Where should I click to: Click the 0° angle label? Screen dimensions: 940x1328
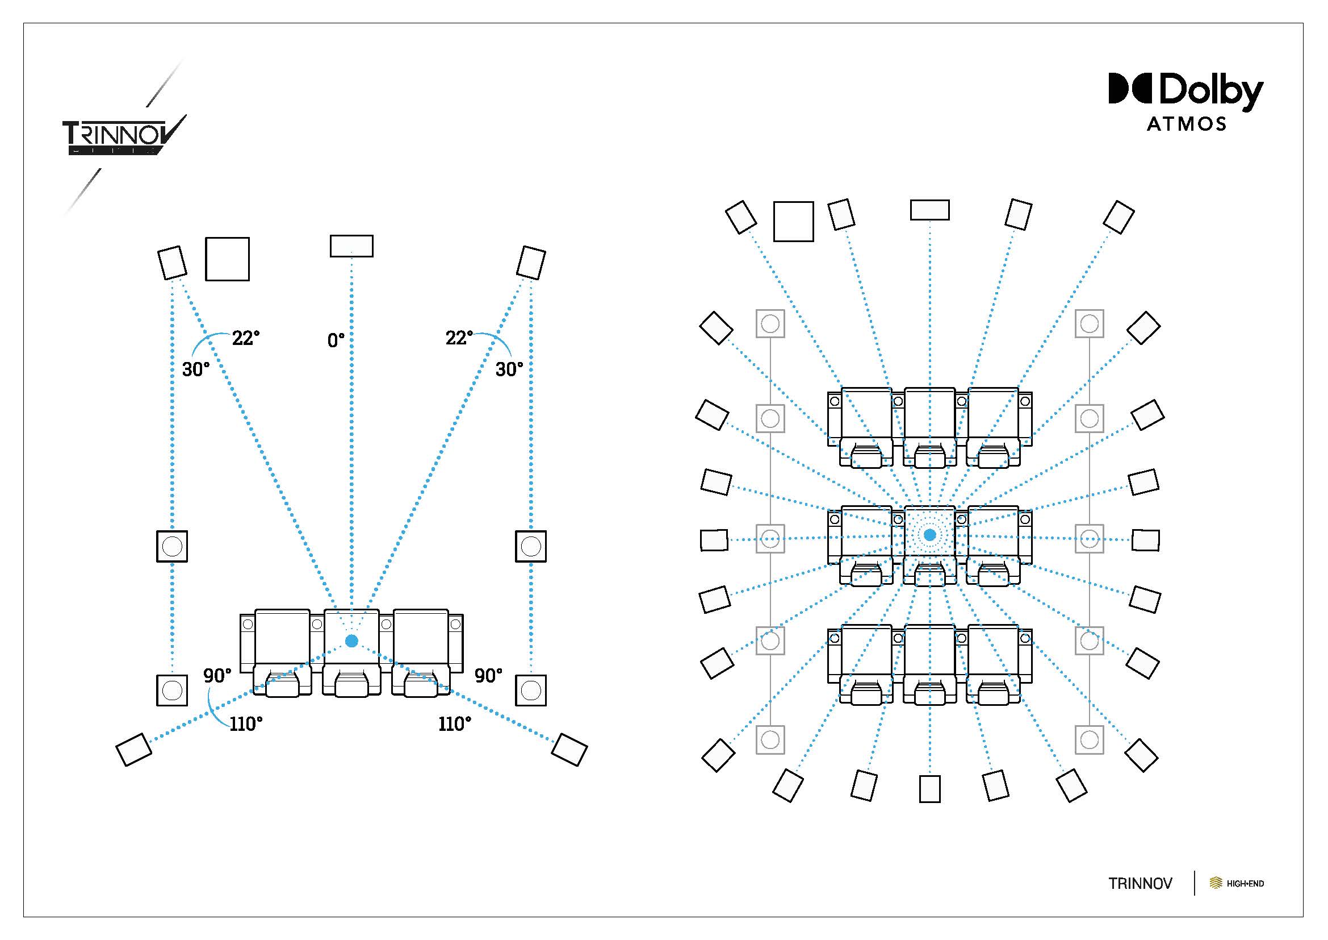tap(336, 340)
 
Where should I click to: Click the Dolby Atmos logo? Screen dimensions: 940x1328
tap(1185, 102)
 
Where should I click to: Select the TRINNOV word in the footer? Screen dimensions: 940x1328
tap(1140, 883)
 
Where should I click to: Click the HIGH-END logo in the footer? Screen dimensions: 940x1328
tap(1237, 883)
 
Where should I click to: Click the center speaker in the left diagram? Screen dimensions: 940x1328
tap(351, 246)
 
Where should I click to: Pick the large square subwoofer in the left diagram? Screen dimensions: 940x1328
tap(227, 259)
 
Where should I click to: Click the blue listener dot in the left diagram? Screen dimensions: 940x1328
tap(351, 640)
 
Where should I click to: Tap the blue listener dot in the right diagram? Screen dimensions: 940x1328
tap(929, 535)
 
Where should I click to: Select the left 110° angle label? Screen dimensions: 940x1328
tap(246, 723)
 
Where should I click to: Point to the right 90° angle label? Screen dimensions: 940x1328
tap(488, 676)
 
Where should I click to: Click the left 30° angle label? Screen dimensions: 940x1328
tap(195, 369)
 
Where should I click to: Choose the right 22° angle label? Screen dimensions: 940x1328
tap(459, 338)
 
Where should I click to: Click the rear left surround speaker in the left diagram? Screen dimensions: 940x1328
tap(133, 750)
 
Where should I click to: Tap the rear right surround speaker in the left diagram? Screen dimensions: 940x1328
tap(569, 750)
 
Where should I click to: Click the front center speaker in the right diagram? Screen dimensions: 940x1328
tap(929, 210)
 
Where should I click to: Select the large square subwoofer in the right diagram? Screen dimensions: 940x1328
tap(794, 221)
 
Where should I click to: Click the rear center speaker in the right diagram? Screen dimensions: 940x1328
tap(929, 788)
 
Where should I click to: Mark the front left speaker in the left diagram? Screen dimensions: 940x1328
tap(173, 262)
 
